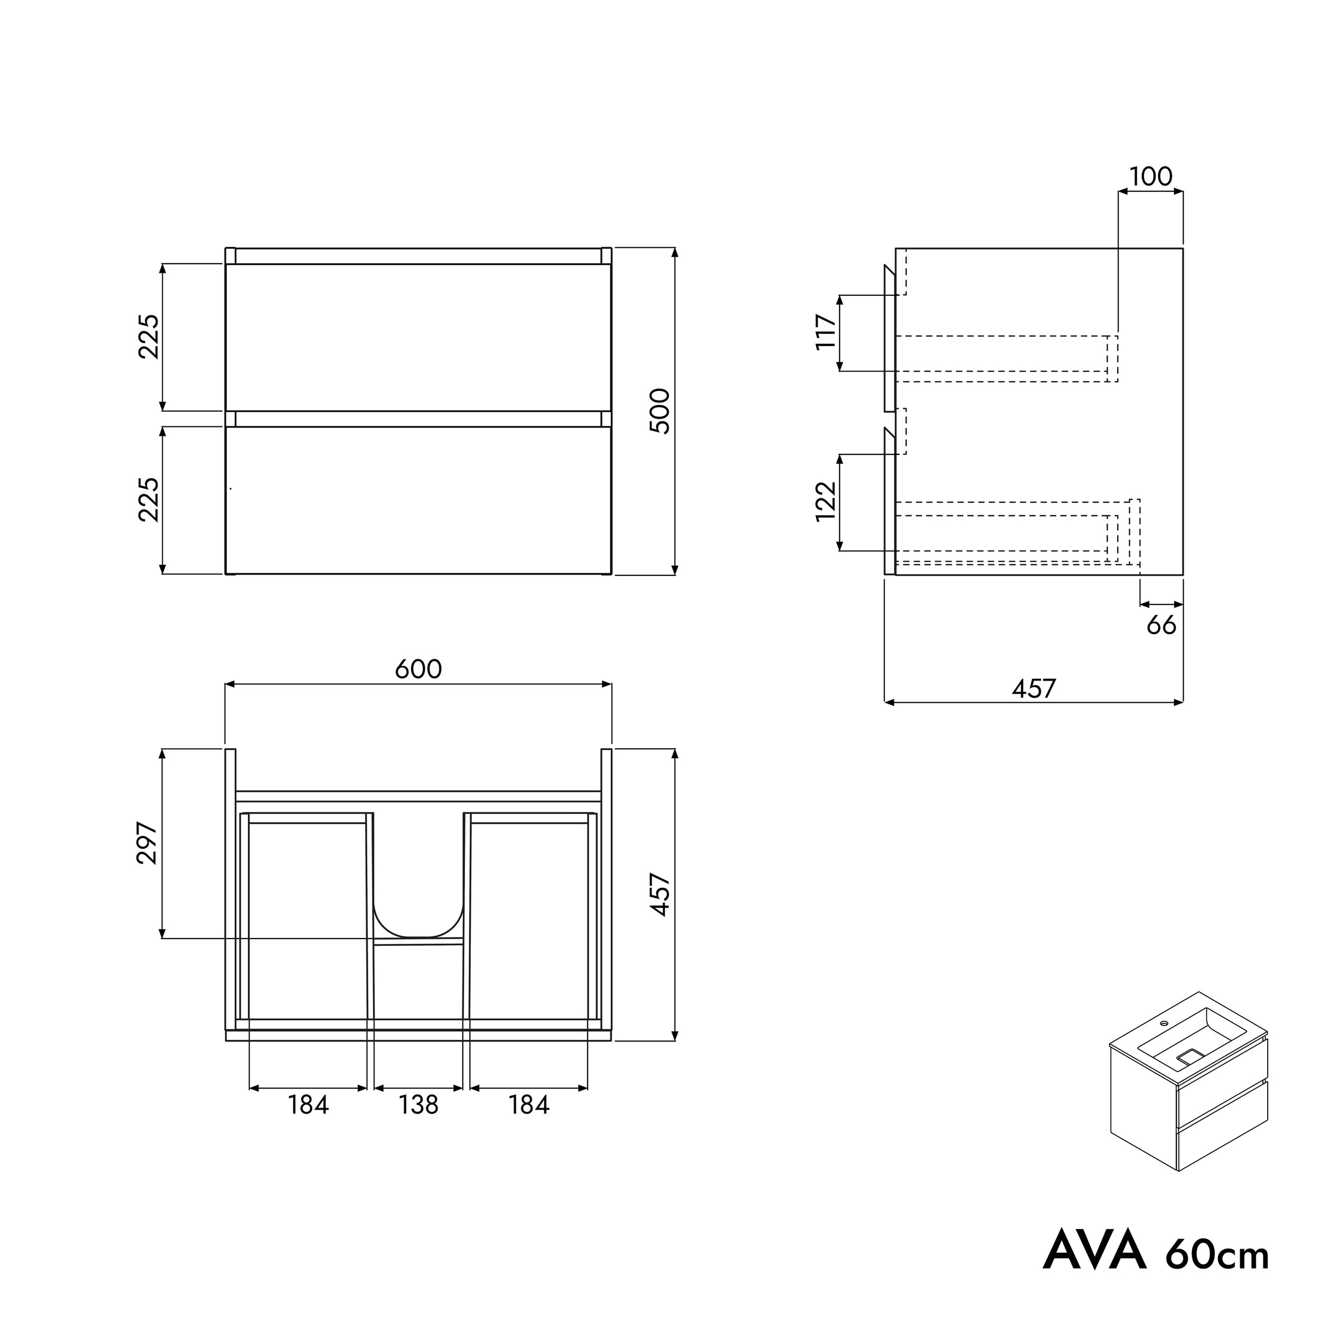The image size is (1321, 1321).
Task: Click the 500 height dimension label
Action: point(660,411)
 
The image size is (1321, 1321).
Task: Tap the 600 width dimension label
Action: point(418,669)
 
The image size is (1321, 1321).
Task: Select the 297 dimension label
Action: point(148,844)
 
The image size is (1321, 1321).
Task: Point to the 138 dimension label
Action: point(418,1105)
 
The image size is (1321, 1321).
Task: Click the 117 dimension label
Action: point(826,332)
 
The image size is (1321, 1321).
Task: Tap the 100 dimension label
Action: point(1151,176)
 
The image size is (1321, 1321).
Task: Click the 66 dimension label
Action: point(1161,625)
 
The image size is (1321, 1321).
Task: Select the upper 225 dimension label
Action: point(148,337)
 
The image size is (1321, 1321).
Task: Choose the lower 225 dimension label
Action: point(148,500)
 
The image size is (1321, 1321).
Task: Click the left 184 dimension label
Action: point(309,1105)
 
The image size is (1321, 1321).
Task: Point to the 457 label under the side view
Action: point(1034,689)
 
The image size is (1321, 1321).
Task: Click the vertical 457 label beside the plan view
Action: point(660,895)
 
